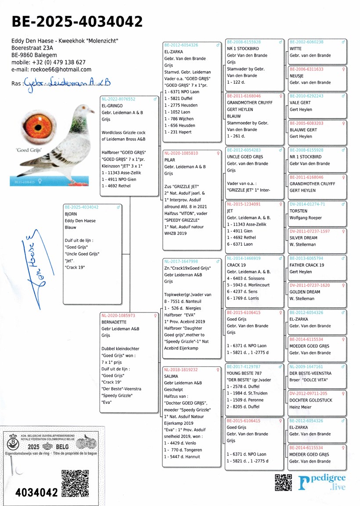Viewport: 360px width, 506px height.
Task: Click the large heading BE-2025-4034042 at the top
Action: (77, 22)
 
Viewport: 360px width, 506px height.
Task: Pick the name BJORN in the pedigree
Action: (71, 214)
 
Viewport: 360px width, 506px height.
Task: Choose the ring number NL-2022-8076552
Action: (119, 99)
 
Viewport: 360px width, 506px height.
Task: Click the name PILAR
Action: (170, 160)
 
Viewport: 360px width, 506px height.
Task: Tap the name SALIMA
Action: (171, 377)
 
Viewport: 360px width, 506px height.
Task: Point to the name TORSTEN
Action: (299, 211)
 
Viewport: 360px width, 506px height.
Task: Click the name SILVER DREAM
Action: (303, 238)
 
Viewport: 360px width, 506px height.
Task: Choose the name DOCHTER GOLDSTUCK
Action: (311, 400)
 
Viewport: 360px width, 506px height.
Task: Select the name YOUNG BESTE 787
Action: (244, 373)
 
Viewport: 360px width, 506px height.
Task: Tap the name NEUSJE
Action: (297, 76)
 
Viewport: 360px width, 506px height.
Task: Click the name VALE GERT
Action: (301, 103)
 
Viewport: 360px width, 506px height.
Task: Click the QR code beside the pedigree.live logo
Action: (283, 483)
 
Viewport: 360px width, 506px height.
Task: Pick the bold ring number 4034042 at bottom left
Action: (36, 492)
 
